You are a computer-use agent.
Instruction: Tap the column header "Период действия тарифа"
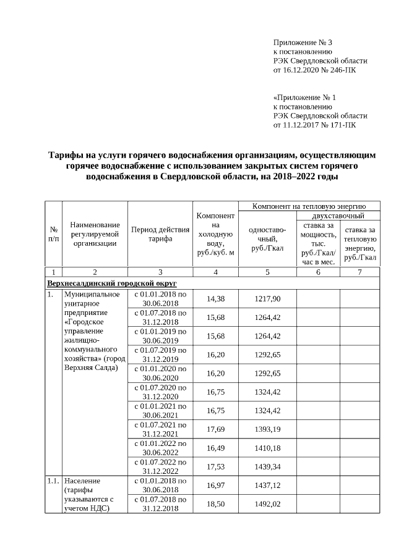point(160,234)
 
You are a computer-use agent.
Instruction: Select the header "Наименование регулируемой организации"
point(95,234)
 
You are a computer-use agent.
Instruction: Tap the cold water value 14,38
point(215,299)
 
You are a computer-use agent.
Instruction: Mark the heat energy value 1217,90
point(267,299)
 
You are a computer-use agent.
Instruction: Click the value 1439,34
point(267,467)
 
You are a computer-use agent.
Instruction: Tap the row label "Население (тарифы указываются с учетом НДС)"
point(87,494)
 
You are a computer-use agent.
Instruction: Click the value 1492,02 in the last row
point(267,504)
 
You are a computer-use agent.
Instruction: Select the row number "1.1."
point(54,481)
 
